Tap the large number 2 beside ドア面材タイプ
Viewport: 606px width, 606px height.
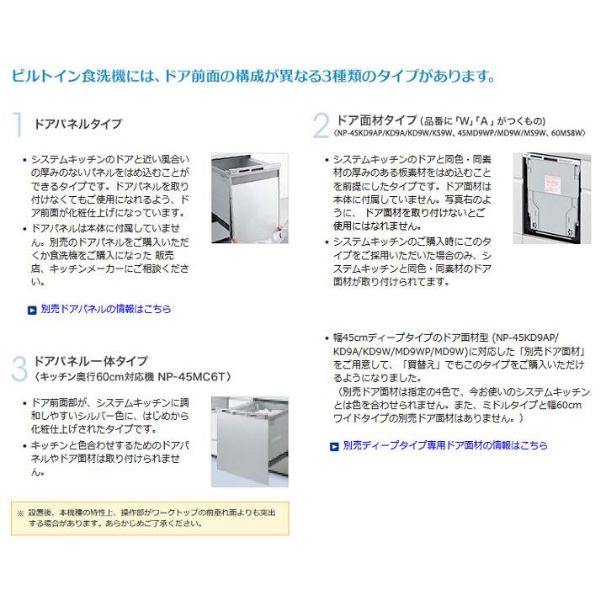(321, 125)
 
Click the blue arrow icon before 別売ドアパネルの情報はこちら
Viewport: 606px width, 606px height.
(32, 310)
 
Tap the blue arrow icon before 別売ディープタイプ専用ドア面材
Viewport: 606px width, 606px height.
(335, 445)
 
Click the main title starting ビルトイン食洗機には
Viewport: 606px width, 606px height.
(252, 77)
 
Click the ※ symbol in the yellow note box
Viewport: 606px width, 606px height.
(20, 511)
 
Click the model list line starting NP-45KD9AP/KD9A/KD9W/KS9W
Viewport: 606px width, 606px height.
(460, 133)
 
